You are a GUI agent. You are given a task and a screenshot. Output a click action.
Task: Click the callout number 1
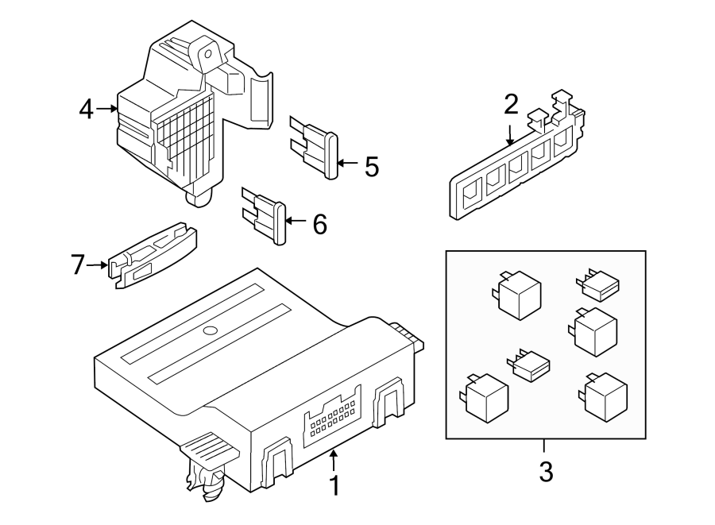pyautogui.click(x=334, y=485)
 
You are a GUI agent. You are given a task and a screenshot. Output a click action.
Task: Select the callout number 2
pyautogui.click(x=511, y=104)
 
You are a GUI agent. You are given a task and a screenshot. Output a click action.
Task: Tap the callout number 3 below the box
pyautogui.click(x=545, y=472)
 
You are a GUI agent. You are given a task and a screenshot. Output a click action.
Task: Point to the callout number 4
pyautogui.click(x=87, y=109)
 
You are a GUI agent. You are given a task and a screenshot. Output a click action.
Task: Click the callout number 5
pyautogui.click(x=371, y=166)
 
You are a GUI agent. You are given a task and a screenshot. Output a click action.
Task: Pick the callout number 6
pyautogui.click(x=319, y=225)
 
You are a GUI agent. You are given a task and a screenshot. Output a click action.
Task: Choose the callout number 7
pyautogui.click(x=77, y=264)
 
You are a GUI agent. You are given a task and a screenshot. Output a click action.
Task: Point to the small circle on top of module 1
pyautogui.click(x=210, y=330)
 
